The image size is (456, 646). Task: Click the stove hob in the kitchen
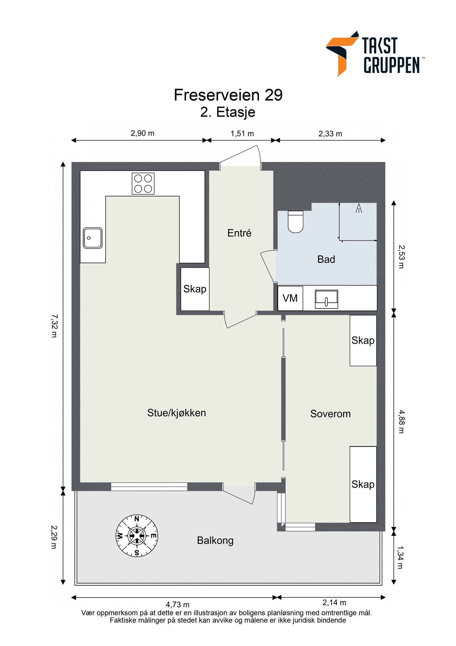click(143, 184)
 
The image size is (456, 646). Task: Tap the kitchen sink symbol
click(93, 238)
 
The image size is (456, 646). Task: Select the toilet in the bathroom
click(296, 222)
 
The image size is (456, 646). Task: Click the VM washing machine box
click(290, 298)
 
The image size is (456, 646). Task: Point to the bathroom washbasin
click(326, 299)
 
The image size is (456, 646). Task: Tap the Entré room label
click(239, 233)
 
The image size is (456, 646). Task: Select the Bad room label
click(326, 259)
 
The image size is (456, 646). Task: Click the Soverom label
click(330, 414)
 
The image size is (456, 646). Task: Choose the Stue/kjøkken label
click(176, 413)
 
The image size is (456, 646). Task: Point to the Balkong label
click(215, 540)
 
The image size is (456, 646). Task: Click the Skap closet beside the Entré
click(195, 289)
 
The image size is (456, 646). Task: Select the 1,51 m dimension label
click(242, 134)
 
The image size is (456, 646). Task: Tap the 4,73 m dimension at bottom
click(178, 604)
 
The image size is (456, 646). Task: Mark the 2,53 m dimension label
click(401, 257)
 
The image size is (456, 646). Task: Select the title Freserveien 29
click(228, 95)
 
